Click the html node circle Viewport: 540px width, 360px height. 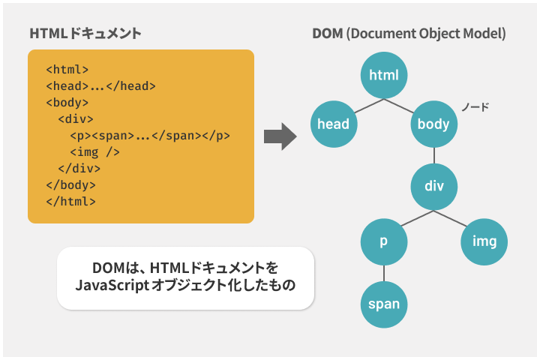pyautogui.click(x=384, y=75)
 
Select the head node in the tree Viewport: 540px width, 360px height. pyautogui.click(x=334, y=124)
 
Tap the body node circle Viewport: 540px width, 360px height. pyautogui.click(x=434, y=124)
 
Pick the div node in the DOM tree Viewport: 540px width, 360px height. pyautogui.click(x=434, y=186)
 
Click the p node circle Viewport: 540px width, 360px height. pyautogui.click(x=384, y=241)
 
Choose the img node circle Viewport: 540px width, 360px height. pyautogui.click(x=484, y=241)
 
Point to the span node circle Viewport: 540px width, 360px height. pyautogui.click(x=384, y=304)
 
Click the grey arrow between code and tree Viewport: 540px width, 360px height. pyautogui.click(x=280, y=136)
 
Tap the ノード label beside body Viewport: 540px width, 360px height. pyautogui.click(x=475, y=107)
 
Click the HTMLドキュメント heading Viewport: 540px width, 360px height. pyautogui.click(x=85, y=34)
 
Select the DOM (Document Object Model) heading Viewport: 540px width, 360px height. pyautogui.click(x=409, y=34)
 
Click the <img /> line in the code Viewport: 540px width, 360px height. pyautogui.click(x=94, y=152)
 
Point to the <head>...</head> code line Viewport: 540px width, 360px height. pyautogui.click(x=101, y=85)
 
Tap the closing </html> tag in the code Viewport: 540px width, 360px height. pyautogui.click(x=71, y=201)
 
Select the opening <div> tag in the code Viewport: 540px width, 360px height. pyautogui.click(x=76, y=118)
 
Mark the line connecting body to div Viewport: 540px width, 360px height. pyautogui.click(x=434, y=155)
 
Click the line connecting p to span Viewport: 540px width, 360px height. pyautogui.click(x=384, y=273)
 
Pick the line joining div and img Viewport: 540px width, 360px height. pyautogui.click(x=451, y=218)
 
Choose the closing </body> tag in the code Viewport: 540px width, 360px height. pyautogui.click(x=71, y=185)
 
